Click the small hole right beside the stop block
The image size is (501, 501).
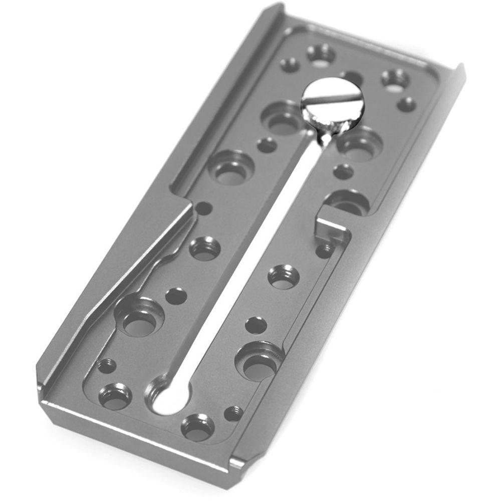point(325,249)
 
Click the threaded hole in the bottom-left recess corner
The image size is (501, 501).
point(115,396)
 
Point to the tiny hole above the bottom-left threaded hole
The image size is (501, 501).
point(106,365)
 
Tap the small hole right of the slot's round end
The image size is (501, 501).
point(233,413)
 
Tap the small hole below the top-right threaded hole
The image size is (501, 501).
point(406,104)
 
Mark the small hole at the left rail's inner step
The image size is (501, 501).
point(203,207)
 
